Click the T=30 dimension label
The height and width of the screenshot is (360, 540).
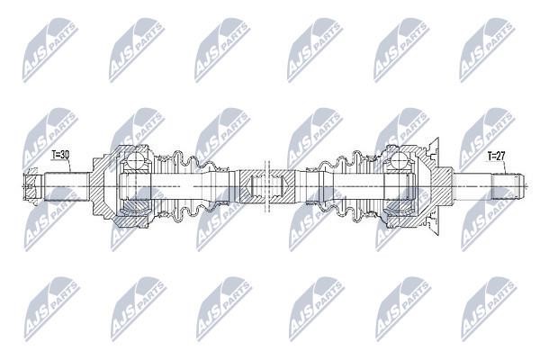(x=60, y=155)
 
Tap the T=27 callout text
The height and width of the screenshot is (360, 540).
(x=496, y=156)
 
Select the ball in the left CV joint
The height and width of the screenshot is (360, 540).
(x=135, y=161)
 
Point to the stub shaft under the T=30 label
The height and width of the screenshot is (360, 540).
(x=67, y=186)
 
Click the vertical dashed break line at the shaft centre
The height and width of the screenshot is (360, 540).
(x=266, y=186)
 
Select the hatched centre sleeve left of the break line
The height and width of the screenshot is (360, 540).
(x=251, y=186)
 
